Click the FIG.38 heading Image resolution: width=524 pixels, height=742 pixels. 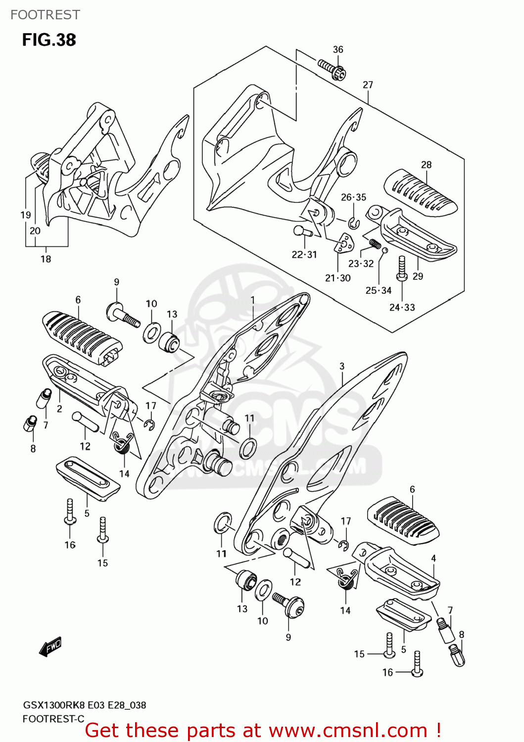pos(49,40)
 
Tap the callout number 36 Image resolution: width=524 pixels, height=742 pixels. pos(338,49)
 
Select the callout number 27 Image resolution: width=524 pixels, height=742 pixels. pos(368,85)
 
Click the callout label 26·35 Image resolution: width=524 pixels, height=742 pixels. pos(353,197)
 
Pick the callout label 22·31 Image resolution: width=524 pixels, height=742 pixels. pos(304,255)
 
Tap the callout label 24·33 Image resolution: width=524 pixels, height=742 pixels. pos(402,308)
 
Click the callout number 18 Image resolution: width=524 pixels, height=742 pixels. pos(46,259)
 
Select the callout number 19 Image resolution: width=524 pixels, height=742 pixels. pos(26,215)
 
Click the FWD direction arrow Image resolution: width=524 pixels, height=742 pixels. pos(50,646)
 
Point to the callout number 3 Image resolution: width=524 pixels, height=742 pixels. pos(342,367)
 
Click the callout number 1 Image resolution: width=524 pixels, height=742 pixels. pos(253,300)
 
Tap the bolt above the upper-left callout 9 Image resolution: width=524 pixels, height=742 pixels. pos(123,315)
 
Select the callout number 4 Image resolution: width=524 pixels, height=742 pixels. pos(433,558)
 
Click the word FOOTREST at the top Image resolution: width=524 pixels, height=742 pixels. pos(45,15)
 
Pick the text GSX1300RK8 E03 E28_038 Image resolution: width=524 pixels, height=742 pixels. pos(85,705)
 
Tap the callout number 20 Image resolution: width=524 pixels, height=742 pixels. pos(35,231)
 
